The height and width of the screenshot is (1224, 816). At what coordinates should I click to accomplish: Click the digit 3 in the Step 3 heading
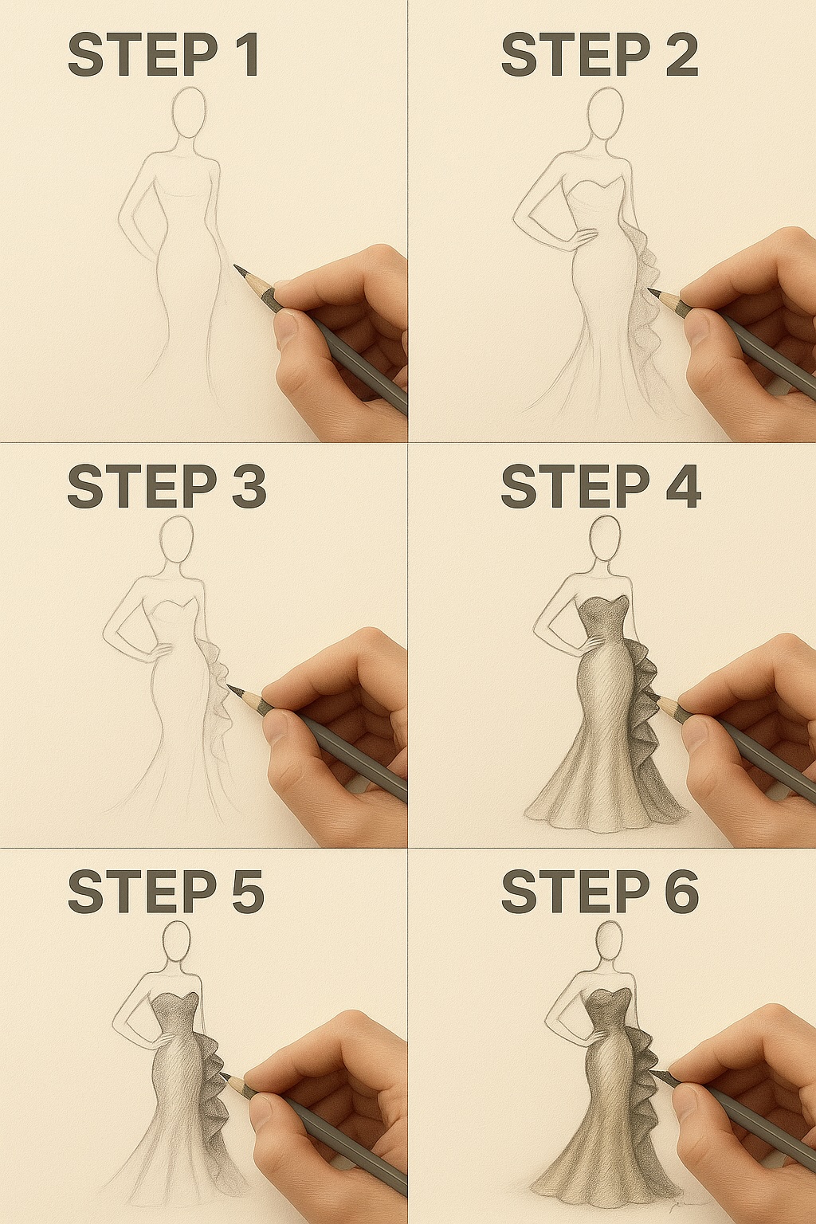pos(249,487)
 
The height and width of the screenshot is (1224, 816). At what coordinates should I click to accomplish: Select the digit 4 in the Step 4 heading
pos(683,487)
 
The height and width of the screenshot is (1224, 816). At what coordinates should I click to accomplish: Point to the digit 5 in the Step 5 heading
pos(247,892)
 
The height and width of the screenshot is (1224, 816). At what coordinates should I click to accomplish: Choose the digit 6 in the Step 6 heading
pos(681,892)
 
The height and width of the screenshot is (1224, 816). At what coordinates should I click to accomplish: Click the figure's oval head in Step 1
pos(190,112)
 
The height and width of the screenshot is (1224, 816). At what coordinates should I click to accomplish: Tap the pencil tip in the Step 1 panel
pos(237,269)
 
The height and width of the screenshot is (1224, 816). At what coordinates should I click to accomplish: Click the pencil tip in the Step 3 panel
pos(230,687)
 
